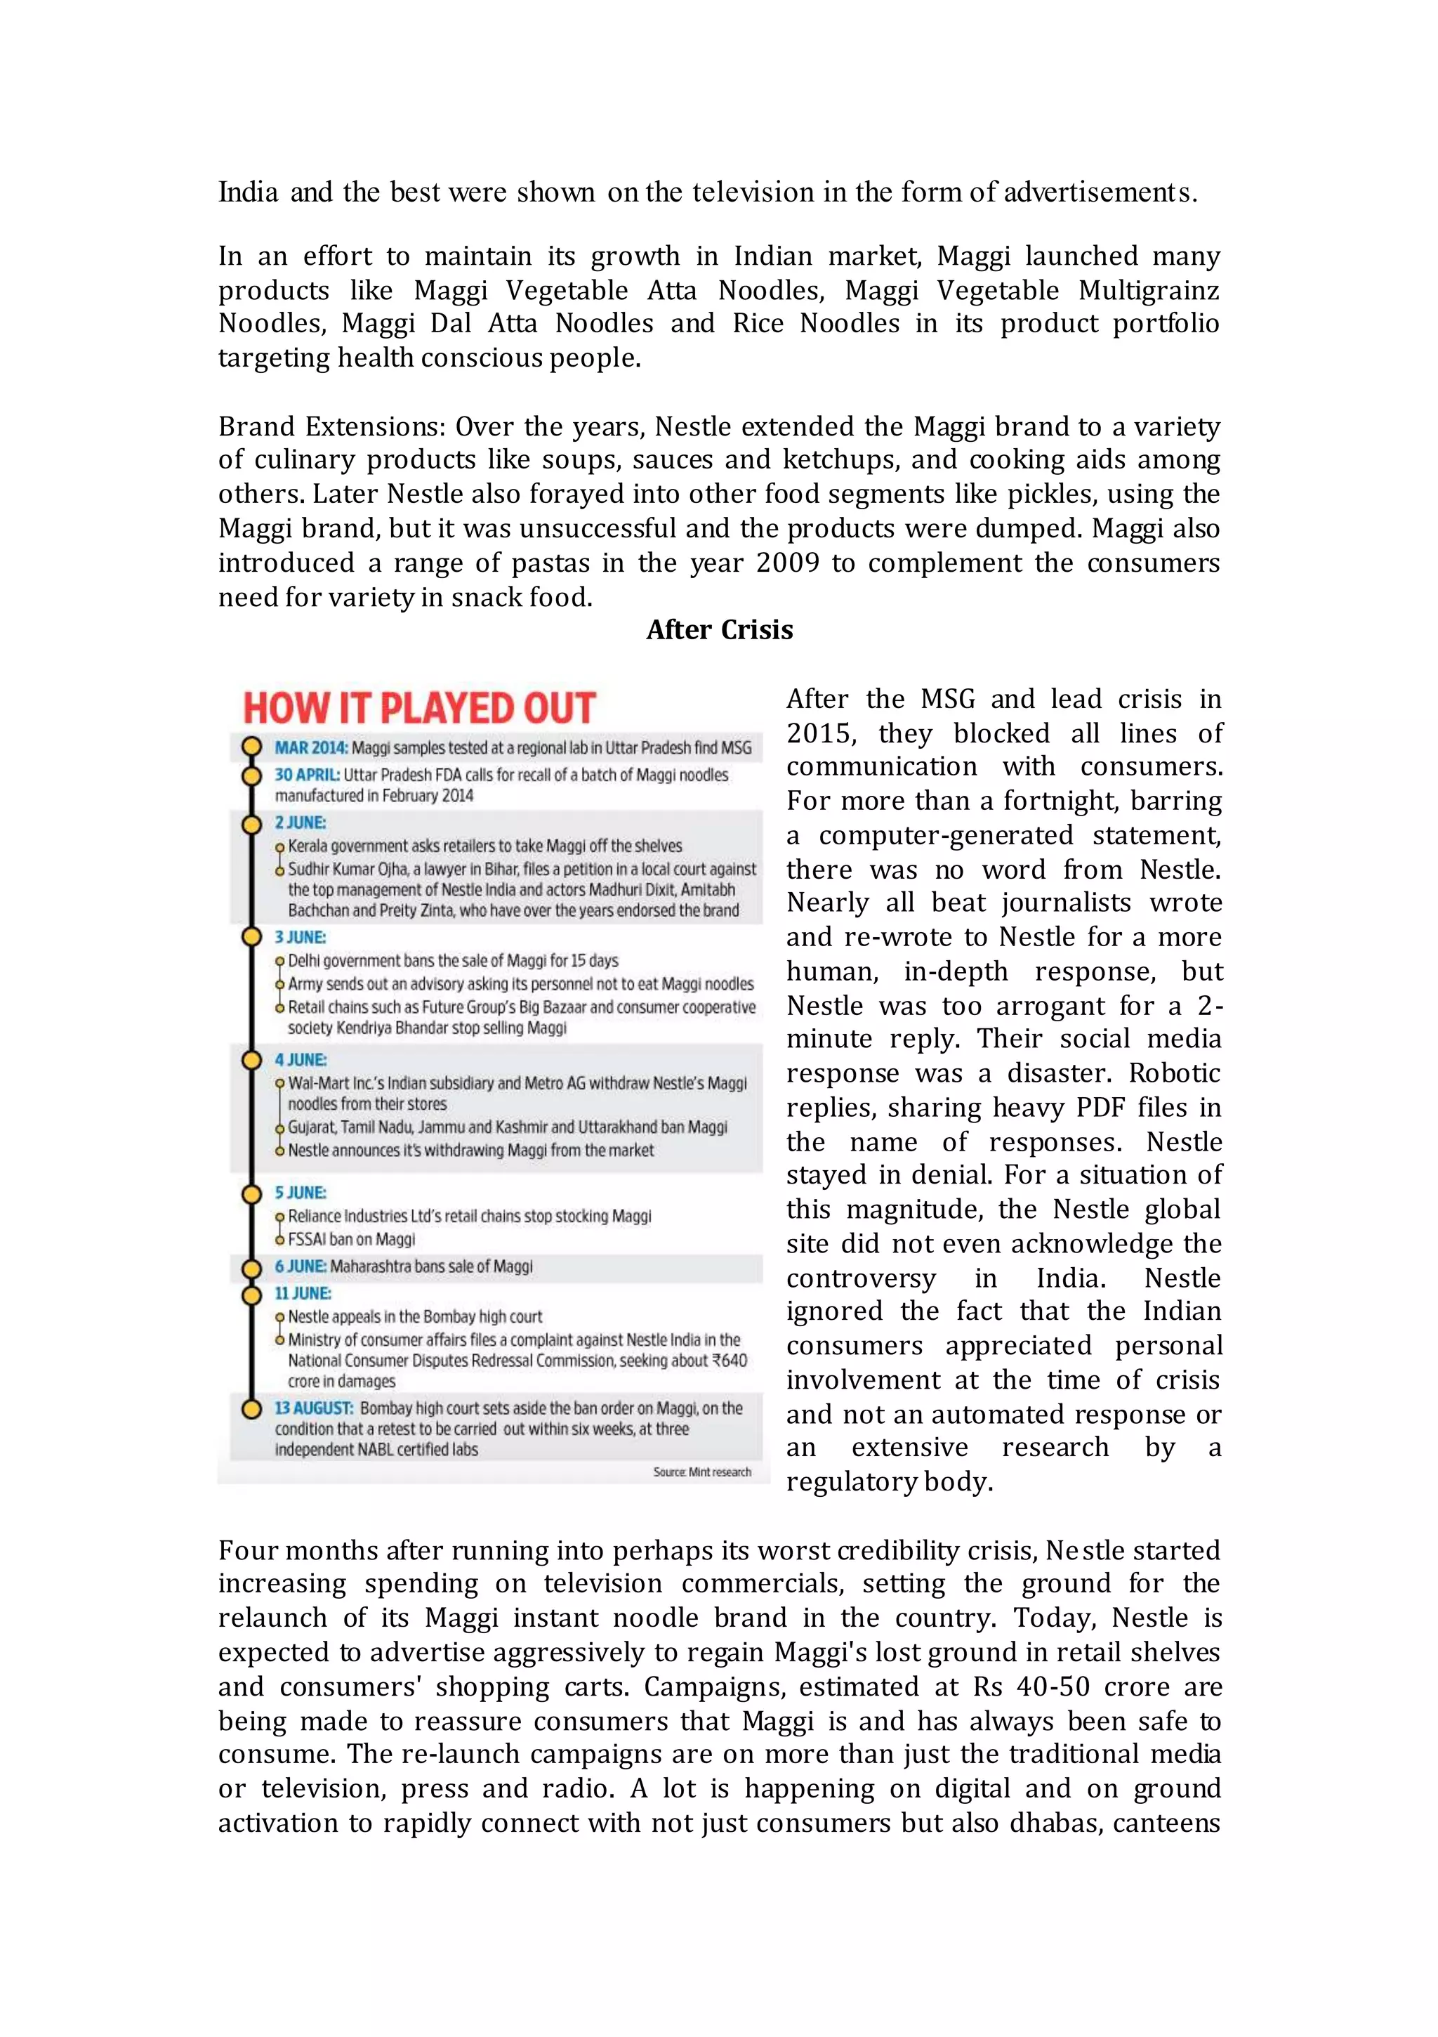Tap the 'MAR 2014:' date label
[x=310, y=748]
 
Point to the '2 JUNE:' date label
[x=300, y=823]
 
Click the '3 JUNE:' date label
[x=300, y=937]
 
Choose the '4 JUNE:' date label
[x=300, y=1059]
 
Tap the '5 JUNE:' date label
[x=300, y=1193]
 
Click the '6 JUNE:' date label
[x=300, y=1266]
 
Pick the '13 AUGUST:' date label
[x=313, y=1408]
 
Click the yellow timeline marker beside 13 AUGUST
[x=252, y=1409]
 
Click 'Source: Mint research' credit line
[x=701, y=1472]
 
